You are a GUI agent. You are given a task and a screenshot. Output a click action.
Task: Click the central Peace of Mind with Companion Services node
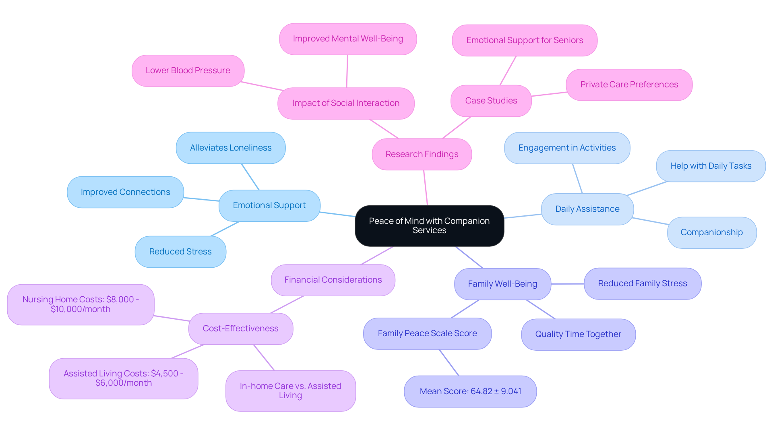tap(429, 225)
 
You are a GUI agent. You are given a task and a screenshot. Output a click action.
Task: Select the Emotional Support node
tap(269, 205)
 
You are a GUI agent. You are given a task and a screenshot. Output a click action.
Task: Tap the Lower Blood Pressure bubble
tap(188, 70)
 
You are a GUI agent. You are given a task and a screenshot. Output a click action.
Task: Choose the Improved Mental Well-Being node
tap(348, 39)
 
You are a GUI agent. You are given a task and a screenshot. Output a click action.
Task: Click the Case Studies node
tap(491, 101)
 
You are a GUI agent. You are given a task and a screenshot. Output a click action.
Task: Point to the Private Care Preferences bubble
tap(629, 85)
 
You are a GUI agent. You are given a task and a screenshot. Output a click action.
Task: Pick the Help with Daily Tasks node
tap(711, 166)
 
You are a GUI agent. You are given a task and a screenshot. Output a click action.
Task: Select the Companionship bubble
tap(711, 232)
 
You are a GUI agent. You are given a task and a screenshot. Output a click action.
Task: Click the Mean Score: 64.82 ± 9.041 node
tap(470, 391)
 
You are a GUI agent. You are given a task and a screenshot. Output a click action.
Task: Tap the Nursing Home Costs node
tap(81, 304)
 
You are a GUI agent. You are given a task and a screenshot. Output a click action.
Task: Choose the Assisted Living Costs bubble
tap(123, 378)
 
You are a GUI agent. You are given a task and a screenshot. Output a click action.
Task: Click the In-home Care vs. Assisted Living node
tap(290, 391)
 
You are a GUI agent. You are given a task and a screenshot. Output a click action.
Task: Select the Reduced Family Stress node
tap(642, 283)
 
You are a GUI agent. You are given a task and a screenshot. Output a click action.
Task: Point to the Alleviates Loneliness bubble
tap(231, 148)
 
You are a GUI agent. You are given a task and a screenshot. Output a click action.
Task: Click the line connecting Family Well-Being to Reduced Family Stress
tap(567, 284)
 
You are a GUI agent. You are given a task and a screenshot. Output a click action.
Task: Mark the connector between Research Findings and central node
tap(426, 188)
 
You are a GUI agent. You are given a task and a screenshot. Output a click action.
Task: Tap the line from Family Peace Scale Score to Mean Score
tap(449, 362)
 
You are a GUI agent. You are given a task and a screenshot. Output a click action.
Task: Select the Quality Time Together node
tap(578, 334)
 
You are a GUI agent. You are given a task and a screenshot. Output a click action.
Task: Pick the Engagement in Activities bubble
tap(567, 148)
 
